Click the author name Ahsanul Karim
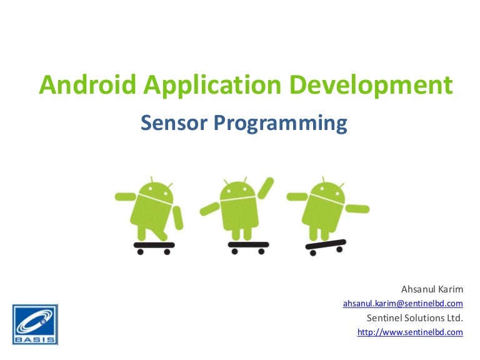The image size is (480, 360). tap(432, 290)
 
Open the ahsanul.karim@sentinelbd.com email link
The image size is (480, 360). tap(403, 304)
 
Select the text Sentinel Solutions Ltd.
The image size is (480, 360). tap(414, 318)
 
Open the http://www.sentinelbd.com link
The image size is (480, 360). tap(410, 332)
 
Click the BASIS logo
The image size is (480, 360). tap(34, 324)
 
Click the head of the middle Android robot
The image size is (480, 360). tap(237, 189)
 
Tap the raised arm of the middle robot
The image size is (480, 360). tap(266, 187)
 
